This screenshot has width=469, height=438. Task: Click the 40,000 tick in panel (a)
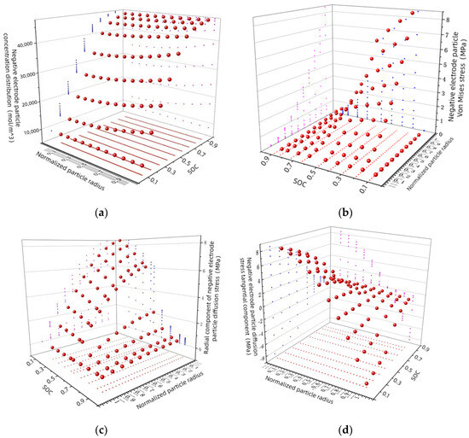[x=43, y=41]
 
